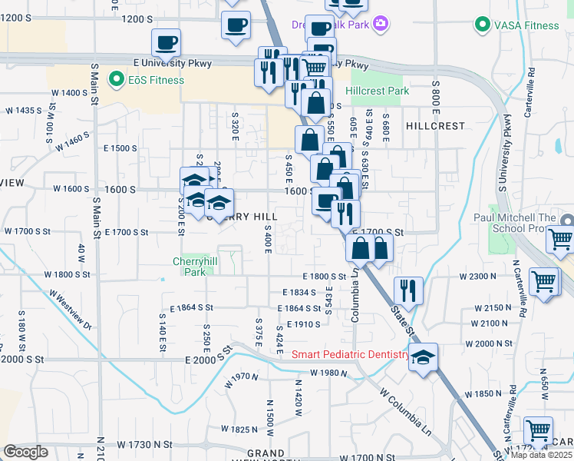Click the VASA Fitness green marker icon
pos(482,25)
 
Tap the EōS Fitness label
pos(156,80)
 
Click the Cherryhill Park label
pos(189,267)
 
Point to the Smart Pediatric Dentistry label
pos(351,354)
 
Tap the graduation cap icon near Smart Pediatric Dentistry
pos(423,358)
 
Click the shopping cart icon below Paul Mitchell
pos(561,240)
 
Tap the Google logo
pos(25,452)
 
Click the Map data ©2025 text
pos(542,455)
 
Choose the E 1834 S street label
pos(299,293)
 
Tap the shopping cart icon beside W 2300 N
pos(544,282)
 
